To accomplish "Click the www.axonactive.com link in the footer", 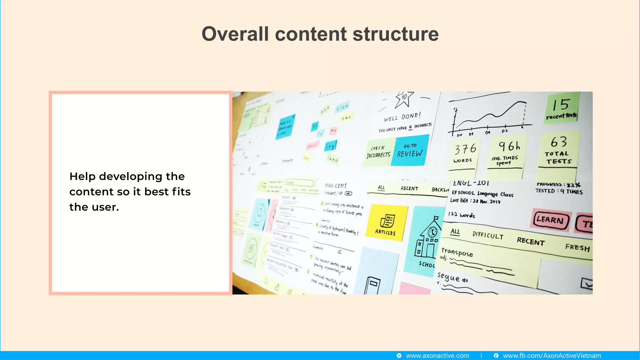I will [x=437, y=356].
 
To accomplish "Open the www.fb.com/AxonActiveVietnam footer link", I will [x=552, y=356].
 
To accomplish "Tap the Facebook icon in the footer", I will [x=496, y=356].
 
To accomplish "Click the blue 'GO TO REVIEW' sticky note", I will [x=410, y=150].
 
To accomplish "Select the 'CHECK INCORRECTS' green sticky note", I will [x=379, y=152].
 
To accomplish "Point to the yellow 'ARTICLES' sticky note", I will [x=386, y=222].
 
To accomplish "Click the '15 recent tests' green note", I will [x=562, y=108].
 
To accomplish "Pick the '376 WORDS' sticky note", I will [x=464, y=153].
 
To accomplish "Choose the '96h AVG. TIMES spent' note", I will [x=506, y=153].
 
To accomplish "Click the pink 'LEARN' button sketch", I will [x=551, y=220].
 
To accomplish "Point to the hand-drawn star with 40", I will [x=404, y=98].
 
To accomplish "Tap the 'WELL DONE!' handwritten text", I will [x=402, y=117].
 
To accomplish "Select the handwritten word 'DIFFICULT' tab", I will [x=488, y=235].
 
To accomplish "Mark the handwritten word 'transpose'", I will [x=457, y=252].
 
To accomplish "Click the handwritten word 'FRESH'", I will [x=577, y=247].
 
